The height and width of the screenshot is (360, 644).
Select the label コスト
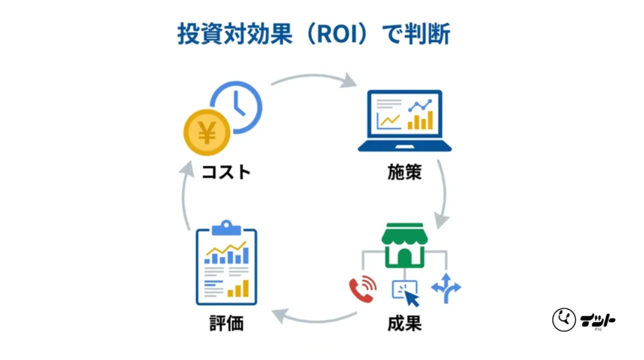point(226,172)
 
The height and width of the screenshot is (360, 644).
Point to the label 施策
point(404,172)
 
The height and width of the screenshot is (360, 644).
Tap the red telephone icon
point(362,289)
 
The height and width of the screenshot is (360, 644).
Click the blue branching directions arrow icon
point(446,288)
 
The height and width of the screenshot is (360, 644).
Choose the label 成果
point(404,325)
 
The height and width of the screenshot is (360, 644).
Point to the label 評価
point(226,325)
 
